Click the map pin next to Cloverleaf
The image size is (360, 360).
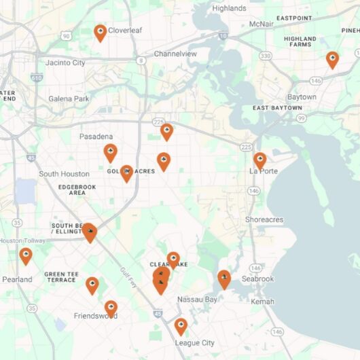coord(100,32)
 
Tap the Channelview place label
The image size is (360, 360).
coord(175,54)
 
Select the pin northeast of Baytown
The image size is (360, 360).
coord(332,59)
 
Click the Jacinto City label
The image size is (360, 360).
coord(65,63)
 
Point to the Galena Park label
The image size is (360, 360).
coord(69,99)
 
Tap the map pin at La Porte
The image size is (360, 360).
coord(259,160)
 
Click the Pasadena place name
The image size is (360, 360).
coord(96,137)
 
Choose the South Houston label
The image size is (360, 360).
coord(64,174)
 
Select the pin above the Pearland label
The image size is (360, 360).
coord(26,255)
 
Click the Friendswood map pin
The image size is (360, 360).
coord(111,308)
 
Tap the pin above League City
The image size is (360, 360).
coord(181,326)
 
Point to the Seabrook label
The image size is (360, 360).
coord(257,279)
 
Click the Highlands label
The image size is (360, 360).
coord(229,8)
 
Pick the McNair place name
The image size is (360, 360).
coord(261,24)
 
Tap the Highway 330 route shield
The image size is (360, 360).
coord(266,55)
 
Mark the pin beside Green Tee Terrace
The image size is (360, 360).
coord(92,285)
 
